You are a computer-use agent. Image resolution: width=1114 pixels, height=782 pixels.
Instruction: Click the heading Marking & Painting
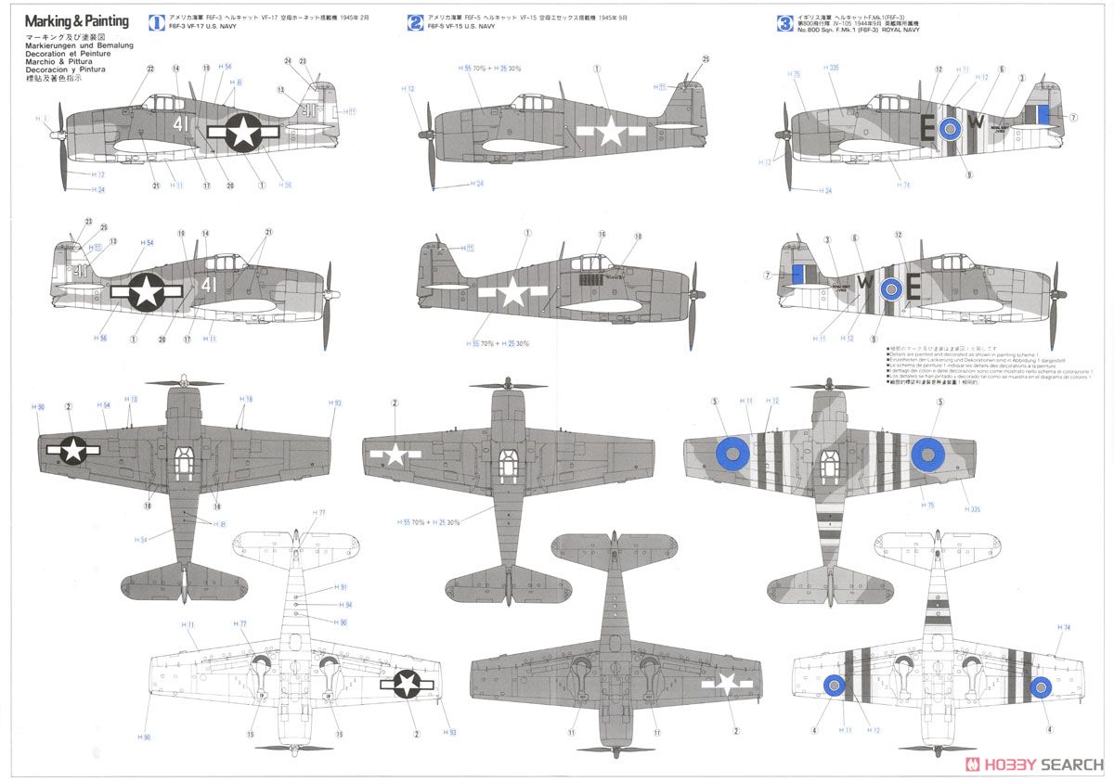point(77,20)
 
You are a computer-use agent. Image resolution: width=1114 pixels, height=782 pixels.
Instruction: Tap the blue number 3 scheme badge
point(785,21)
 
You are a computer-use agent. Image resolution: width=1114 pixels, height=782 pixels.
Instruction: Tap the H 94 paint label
point(346,605)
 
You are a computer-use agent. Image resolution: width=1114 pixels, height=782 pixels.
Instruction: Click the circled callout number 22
point(150,68)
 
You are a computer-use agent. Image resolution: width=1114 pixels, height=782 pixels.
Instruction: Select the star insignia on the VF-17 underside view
point(407,684)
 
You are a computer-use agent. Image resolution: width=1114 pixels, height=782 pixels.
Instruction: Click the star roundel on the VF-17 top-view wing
point(73,449)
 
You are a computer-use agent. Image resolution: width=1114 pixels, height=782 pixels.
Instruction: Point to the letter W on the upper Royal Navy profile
point(976,122)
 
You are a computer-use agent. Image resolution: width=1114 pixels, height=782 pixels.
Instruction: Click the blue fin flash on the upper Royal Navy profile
point(1043,114)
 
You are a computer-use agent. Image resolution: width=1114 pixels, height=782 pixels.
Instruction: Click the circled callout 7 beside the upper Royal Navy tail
point(1073,118)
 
